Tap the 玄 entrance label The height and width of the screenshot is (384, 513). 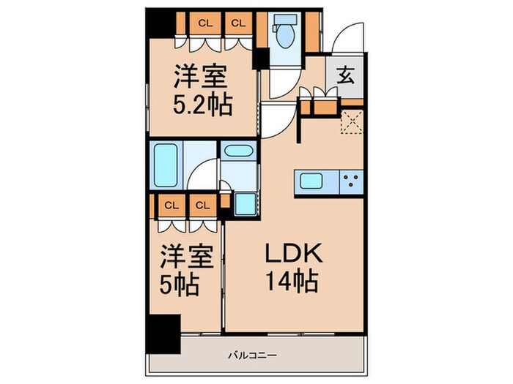pos(345,76)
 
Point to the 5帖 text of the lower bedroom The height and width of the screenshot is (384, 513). pos(180,285)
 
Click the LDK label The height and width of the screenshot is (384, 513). pos(292,255)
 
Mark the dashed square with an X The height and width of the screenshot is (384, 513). pos(353,123)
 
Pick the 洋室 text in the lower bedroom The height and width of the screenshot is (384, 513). pos(188,257)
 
